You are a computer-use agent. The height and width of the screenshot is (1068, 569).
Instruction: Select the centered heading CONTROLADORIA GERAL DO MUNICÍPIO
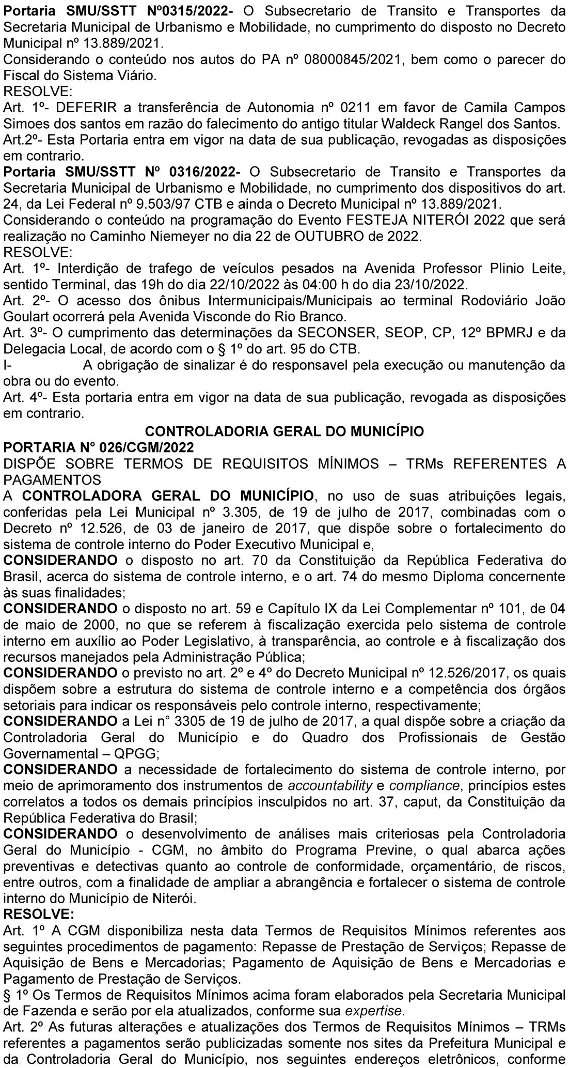click(284, 430)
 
